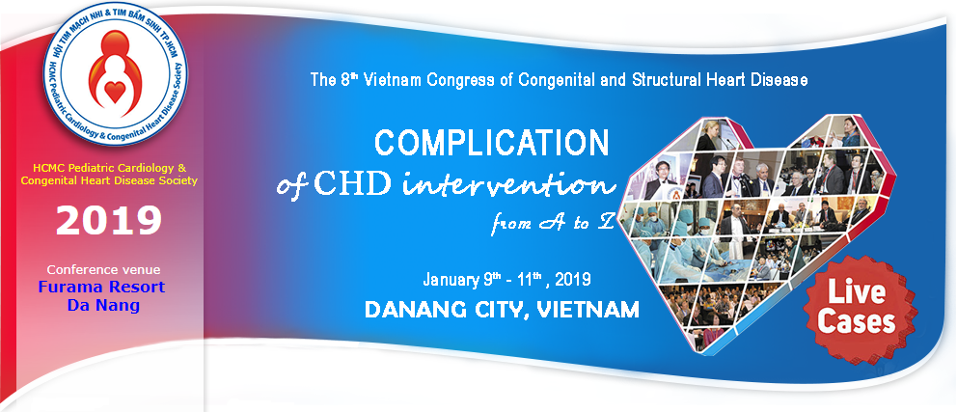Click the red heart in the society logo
[x=115, y=92]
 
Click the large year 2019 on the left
[x=109, y=221]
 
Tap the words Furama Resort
[x=102, y=287]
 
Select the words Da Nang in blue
[x=103, y=305]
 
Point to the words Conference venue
[x=104, y=269]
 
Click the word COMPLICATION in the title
[x=492, y=144]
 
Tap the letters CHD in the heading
[x=353, y=183]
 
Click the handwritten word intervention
[x=509, y=183]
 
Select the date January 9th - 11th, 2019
[x=506, y=280]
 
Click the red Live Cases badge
[x=861, y=310]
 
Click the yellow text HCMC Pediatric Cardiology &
[x=109, y=167]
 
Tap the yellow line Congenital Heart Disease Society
[x=109, y=180]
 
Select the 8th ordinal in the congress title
[x=349, y=79]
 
